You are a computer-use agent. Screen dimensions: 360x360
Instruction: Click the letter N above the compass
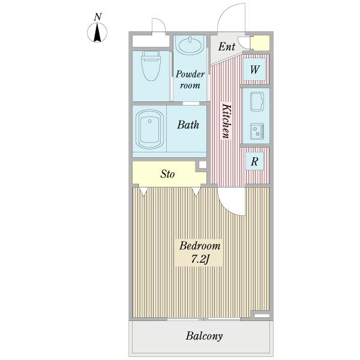(98, 17)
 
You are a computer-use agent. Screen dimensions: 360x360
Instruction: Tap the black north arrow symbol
(97, 32)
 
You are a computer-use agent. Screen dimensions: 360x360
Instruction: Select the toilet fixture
(151, 66)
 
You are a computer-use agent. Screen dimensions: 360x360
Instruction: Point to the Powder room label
(190, 79)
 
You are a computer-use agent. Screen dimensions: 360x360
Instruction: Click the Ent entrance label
(227, 47)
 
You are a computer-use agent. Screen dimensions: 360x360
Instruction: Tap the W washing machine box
(254, 69)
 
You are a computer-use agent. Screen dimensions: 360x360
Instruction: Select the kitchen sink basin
(257, 101)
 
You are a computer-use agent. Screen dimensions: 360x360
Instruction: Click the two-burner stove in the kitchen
(257, 131)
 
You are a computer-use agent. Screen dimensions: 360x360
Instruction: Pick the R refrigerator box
(254, 161)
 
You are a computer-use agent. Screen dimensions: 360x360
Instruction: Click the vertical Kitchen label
(226, 121)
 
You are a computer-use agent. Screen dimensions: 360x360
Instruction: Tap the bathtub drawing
(149, 129)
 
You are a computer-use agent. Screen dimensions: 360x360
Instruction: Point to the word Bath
(188, 125)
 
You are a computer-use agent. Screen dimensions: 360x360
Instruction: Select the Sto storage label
(167, 174)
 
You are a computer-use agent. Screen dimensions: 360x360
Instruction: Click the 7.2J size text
(200, 259)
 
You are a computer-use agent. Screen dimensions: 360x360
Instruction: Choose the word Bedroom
(200, 246)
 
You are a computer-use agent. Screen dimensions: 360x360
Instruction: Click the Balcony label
(204, 336)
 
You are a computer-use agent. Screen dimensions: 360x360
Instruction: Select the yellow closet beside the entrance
(260, 43)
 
